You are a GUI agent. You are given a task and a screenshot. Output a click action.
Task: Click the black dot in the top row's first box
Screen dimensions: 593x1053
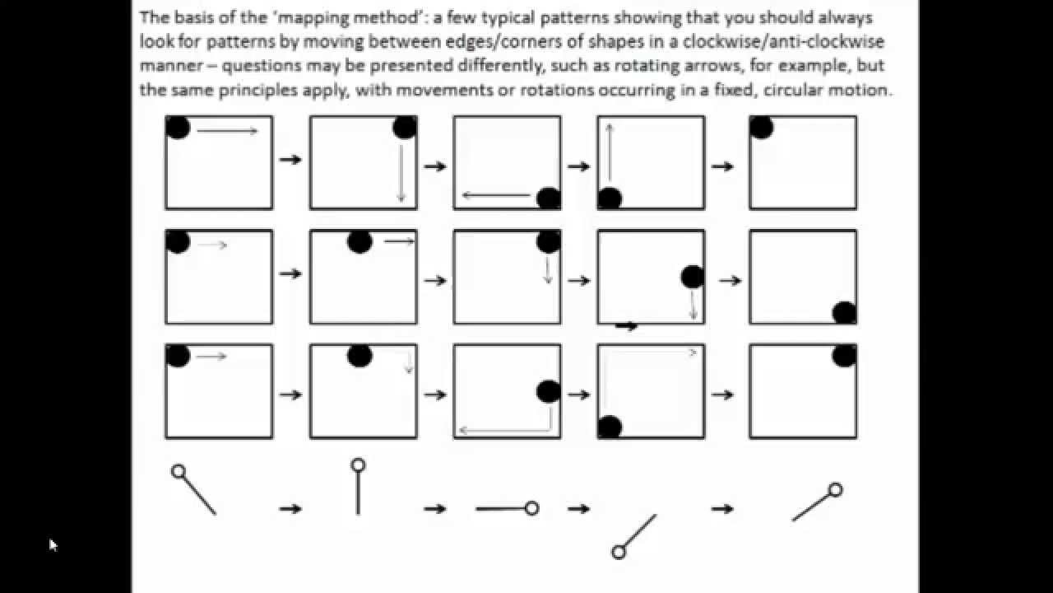click(x=179, y=128)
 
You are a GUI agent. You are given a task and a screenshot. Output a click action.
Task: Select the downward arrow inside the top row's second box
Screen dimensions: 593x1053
click(x=401, y=173)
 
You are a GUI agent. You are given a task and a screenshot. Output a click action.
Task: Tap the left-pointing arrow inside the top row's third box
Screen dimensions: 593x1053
click(x=496, y=195)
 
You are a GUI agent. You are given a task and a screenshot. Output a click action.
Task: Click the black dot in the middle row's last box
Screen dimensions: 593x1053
click(x=844, y=313)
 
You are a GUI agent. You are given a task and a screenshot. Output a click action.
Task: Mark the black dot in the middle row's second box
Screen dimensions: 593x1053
click(x=360, y=241)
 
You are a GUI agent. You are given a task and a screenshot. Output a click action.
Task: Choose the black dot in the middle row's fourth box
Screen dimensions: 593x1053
click(x=693, y=278)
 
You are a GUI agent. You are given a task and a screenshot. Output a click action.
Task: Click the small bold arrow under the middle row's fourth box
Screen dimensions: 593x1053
click(x=627, y=326)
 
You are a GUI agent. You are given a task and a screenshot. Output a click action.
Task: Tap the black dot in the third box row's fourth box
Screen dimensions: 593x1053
click(x=610, y=427)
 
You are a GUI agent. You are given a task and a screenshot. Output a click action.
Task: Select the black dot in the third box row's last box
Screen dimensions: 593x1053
click(x=844, y=355)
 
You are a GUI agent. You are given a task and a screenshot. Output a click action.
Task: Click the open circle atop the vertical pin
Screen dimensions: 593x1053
click(x=358, y=465)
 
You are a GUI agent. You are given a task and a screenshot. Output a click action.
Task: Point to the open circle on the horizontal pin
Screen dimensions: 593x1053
click(x=531, y=508)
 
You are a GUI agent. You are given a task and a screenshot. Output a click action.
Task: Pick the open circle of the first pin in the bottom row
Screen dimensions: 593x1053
click(x=179, y=472)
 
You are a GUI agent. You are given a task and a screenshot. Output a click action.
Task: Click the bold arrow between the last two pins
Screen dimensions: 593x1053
click(x=722, y=509)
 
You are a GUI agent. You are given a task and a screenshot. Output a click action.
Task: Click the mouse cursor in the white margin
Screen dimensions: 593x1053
click(x=53, y=544)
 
